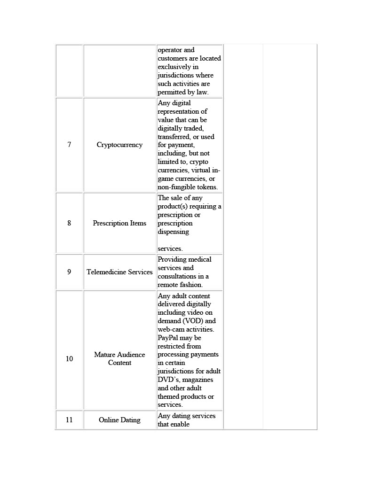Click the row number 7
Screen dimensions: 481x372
pyautogui.click(x=69, y=145)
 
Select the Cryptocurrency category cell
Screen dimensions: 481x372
pyautogui.click(x=119, y=145)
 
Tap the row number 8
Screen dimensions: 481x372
pyautogui.click(x=69, y=223)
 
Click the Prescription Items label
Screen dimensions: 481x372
pyautogui.click(x=119, y=223)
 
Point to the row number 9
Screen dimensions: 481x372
pyautogui.click(x=69, y=272)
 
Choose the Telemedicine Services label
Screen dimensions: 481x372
pyautogui.click(x=119, y=272)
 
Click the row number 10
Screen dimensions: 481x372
pyautogui.click(x=69, y=359)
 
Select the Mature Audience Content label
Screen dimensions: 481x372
pyautogui.click(x=119, y=359)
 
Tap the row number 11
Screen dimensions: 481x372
pyautogui.click(x=69, y=420)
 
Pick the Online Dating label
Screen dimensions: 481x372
pyautogui.click(x=119, y=420)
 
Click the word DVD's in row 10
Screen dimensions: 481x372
pyautogui.click(x=168, y=380)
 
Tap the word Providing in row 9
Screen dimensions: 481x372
pyautogui.click(x=172, y=259)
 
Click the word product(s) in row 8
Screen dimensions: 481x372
pyautogui.click(x=173, y=207)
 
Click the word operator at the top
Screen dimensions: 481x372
pyautogui.click(x=170, y=50)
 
